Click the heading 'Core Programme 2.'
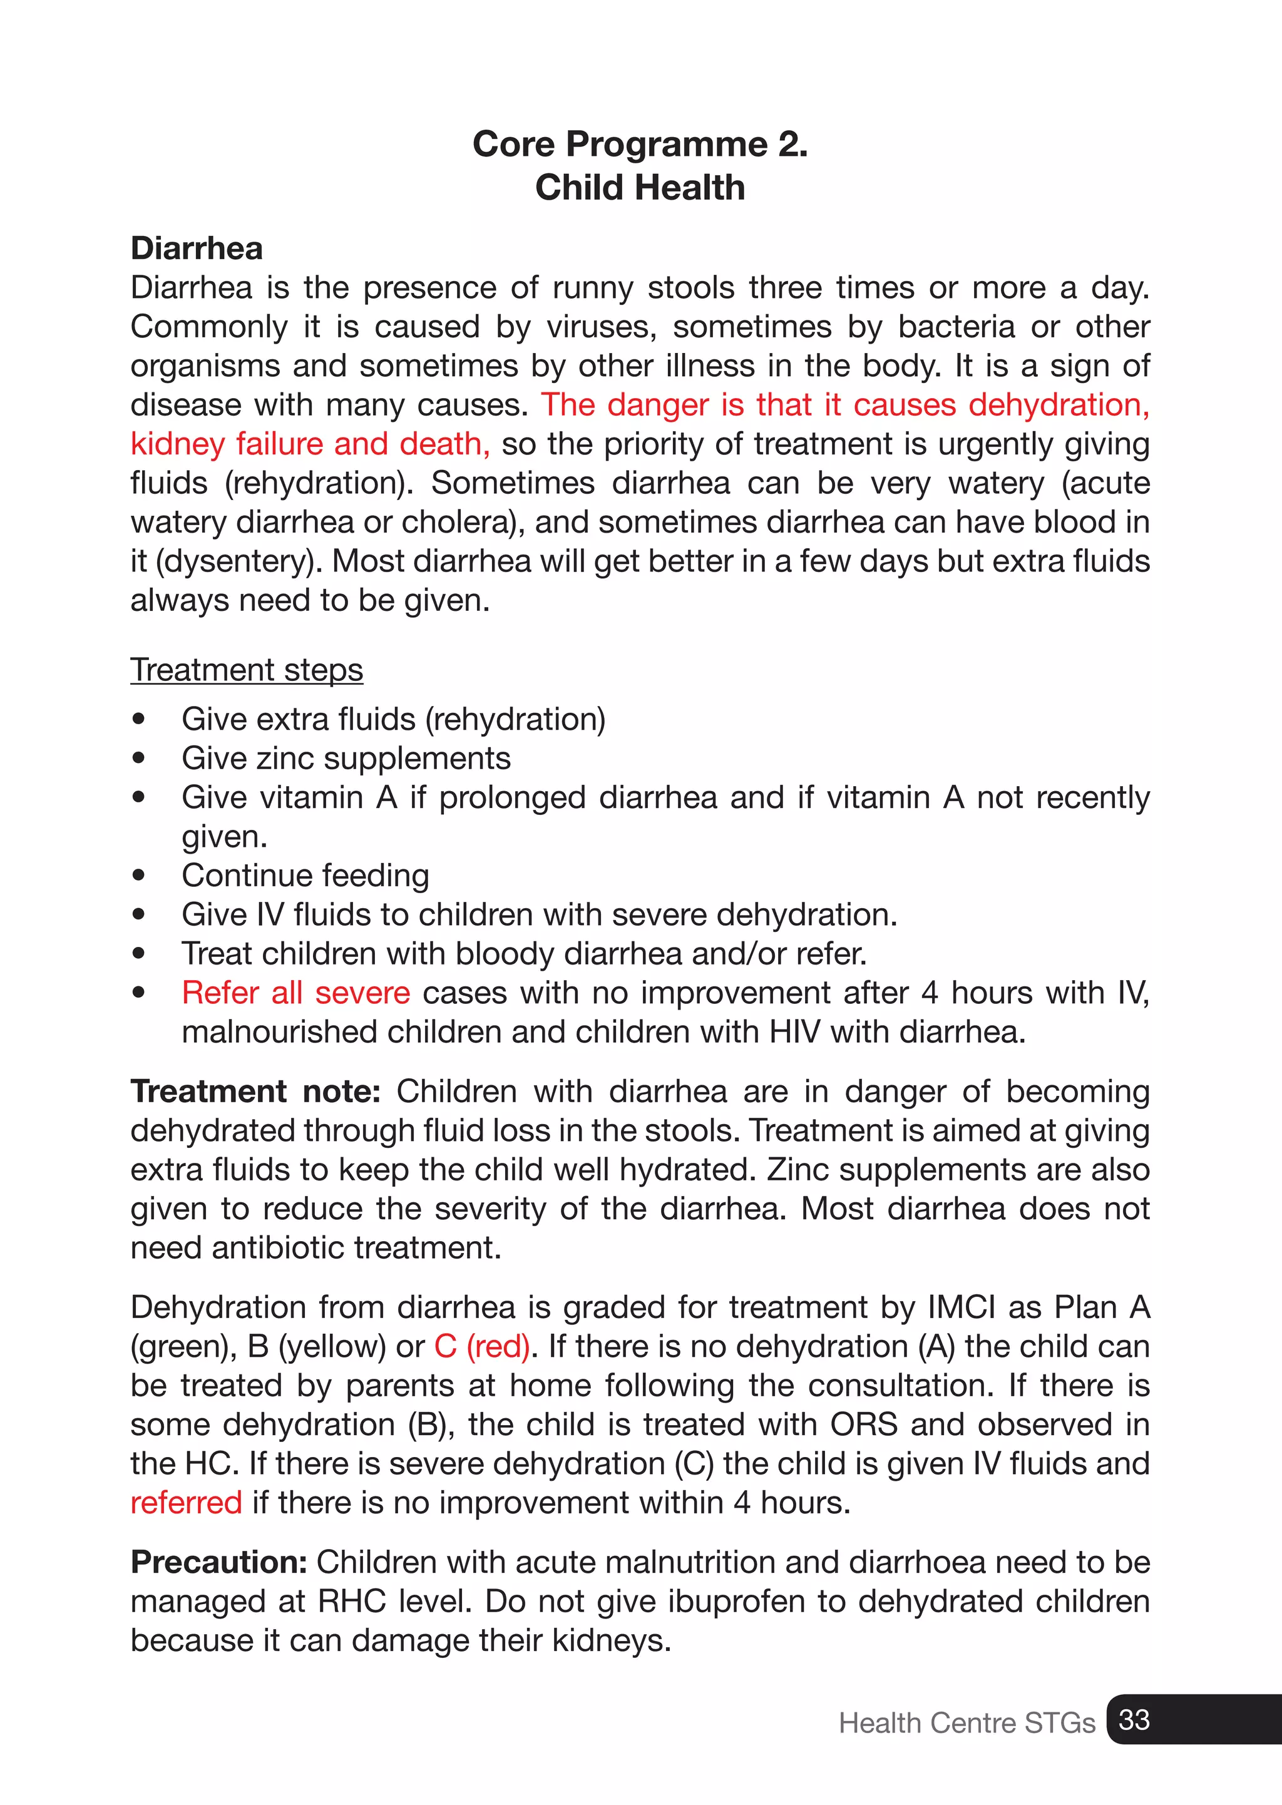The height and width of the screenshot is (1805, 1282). pyautogui.click(x=640, y=144)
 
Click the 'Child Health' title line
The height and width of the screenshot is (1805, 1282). pyautogui.click(x=640, y=188)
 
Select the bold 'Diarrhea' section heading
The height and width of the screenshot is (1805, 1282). pyautogui.click(x=197, y=248)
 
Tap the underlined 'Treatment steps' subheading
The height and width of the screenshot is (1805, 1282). pyautogui.click(x=246, y=670)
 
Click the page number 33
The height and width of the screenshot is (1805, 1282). pyautogui.click(x=1134, y=1720)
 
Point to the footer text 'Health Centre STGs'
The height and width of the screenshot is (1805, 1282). pyautogui.click(x=967, y=1723)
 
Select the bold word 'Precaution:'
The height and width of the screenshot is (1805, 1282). pyautogui.click(x=218, y=1562)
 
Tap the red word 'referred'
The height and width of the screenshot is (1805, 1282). pyautogui.click(x=187, y=1503)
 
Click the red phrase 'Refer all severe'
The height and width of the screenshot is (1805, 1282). pyautogui.click(x=295, y=993)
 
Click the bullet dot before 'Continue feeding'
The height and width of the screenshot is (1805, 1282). pyautogui.click(x=140, y=875)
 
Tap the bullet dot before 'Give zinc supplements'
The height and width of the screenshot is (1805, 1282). pyautogui.click(x=140, y=759)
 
